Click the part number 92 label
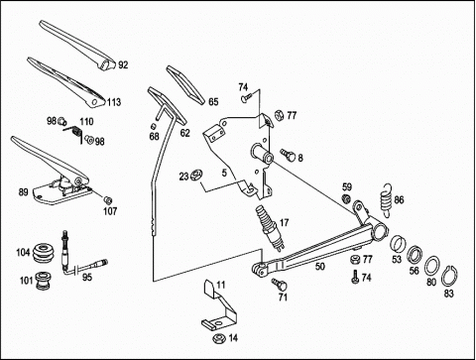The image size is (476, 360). [123, 64]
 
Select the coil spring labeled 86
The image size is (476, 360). [386, 200]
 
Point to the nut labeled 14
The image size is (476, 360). [218, 338]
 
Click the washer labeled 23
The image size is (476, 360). [196, 175]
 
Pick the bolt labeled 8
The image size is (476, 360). [289, 155]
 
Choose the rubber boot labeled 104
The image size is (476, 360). [42, 254]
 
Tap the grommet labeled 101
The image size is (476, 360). [43, 280]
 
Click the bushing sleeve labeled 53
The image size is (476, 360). [398, 245]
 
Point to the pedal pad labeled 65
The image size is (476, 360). [186, 85]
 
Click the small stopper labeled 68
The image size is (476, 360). [154, 126]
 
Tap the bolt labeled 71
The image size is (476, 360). [280, 284]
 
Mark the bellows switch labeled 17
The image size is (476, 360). [270, 227]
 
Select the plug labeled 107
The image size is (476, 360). [107, 200]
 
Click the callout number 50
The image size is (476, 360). [320, 266]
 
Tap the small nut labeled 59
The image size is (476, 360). [346, 199]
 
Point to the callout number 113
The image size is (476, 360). [114, 102]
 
